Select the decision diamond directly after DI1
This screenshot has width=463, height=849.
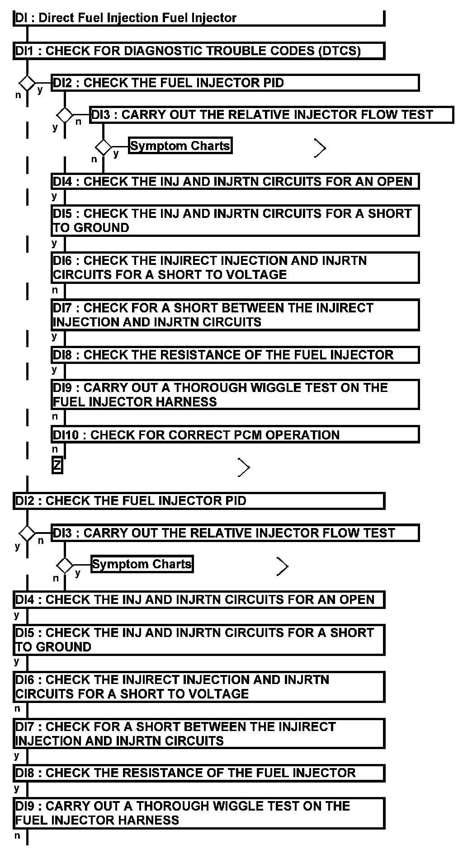27,83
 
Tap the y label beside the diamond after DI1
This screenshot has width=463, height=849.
40,90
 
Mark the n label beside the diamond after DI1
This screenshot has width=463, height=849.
18,95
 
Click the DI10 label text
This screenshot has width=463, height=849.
66,435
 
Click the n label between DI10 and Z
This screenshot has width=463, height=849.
55,449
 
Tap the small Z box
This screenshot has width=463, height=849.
57,466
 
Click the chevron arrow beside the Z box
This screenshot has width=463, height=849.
244,467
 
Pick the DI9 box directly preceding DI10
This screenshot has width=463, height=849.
235,395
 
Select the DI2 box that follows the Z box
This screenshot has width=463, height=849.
199,501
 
